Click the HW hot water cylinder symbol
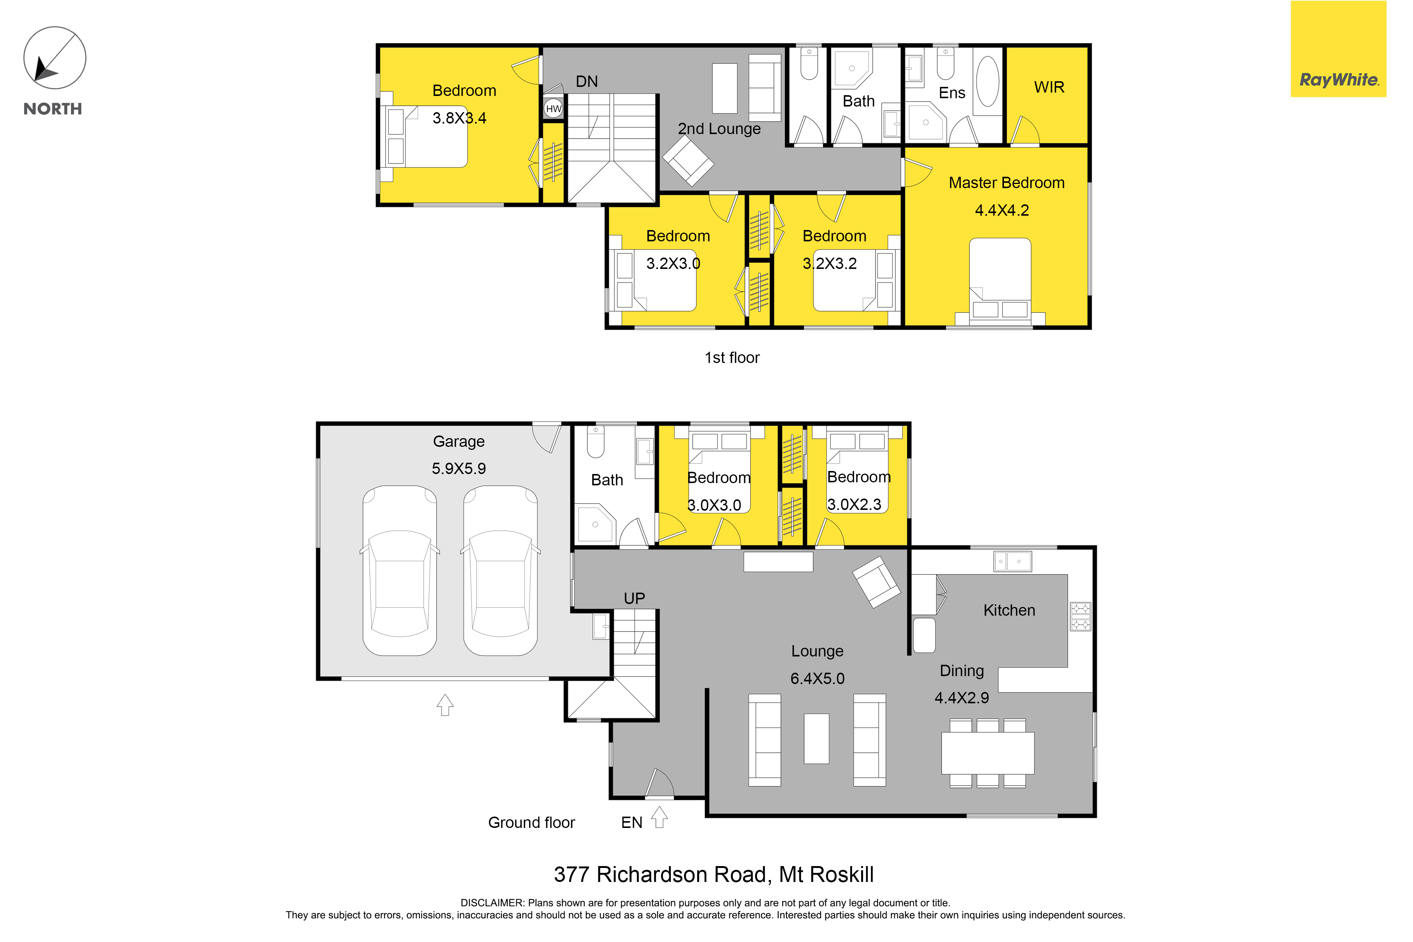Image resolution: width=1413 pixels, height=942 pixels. (553, 109)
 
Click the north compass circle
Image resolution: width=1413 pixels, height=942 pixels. (55, 58)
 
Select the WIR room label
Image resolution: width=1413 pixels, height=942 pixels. (1049, 87)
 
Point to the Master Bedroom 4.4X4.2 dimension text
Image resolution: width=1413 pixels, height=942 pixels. (1001, 210)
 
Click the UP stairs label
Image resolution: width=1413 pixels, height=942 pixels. (635, 598)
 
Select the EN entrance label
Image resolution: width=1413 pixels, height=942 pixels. (632, 822)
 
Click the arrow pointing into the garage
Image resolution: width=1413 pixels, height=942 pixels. (445, 705)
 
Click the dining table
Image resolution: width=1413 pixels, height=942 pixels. (988, 753)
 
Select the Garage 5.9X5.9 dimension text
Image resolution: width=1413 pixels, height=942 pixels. (459, 469)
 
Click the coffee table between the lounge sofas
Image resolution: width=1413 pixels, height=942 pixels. (817, 738)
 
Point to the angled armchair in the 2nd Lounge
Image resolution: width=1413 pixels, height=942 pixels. (688, 160)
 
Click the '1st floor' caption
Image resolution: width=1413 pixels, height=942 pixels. (732, 357)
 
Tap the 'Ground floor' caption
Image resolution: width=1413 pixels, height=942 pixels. (531, 822)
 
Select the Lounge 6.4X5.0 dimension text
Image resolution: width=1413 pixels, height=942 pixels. (817, 678)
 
